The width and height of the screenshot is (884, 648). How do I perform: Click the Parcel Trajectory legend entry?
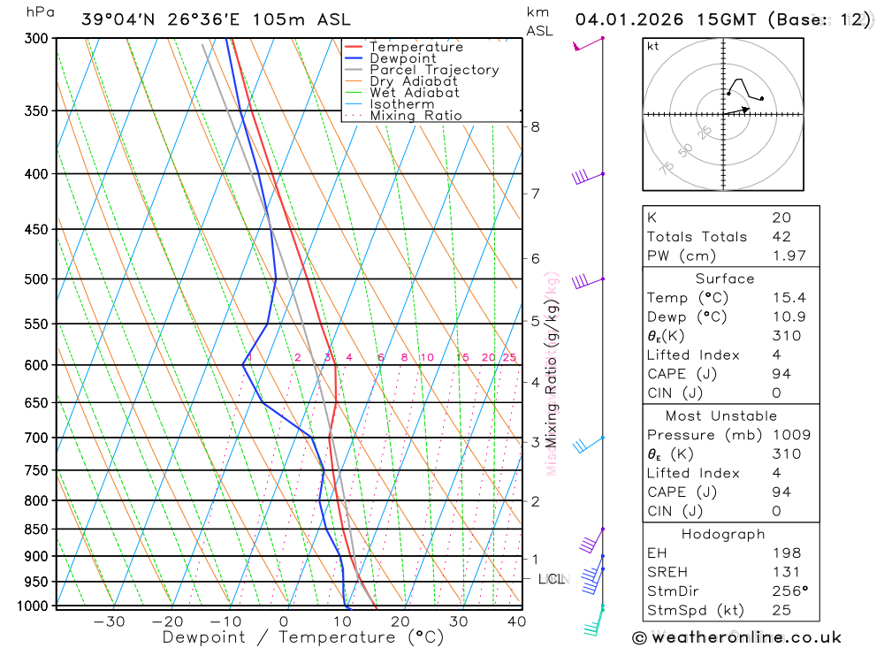pyautogui.click(x=434, y=70)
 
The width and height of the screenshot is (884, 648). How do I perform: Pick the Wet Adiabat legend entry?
pyautogui.click(x=415, y=93)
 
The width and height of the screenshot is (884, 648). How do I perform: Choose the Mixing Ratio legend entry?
pyautogui.click(x=415, y=116)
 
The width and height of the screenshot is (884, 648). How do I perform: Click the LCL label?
pyautogui.click(x=551, y=579)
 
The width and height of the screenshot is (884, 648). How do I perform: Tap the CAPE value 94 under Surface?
pyautogui.click(x=781, y=374)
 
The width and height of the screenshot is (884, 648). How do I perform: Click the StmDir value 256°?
pyautogui.click(x=786, y=591)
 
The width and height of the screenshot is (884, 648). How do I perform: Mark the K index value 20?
pyautogui.click(x=781, y=217)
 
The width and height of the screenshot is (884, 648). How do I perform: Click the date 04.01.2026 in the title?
pyautogui.click(x=630, y=19)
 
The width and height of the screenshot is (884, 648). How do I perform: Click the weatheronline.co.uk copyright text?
pyautogui.click(x=736, y=637)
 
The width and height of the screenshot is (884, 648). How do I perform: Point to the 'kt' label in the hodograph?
pyautogui.click(x=653, y=46)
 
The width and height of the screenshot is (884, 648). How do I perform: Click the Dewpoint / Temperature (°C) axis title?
pyautogui.click(x=302, y=637)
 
